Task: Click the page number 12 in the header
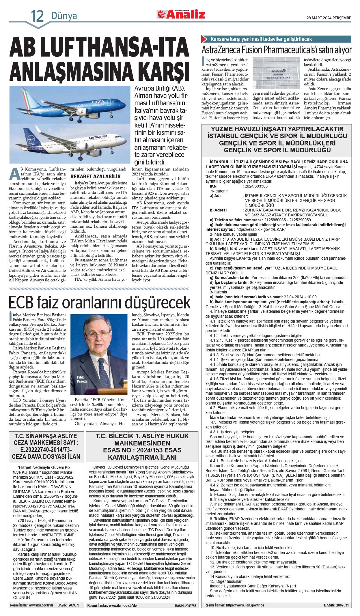coord(37,16)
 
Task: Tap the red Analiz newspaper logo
coord(181,14)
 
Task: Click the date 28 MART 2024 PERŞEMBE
coord(329,18)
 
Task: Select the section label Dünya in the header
coord(64,16)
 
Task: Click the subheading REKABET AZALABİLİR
coord(96,177)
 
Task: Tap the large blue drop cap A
coord(14,174)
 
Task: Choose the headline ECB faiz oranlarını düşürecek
coord(99,302)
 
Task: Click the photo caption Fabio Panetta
coord(82,379)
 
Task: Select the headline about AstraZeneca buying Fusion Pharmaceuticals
coord(276,50)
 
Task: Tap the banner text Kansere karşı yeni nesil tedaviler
coord(261,39)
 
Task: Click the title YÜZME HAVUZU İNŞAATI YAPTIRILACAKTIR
coord(277,129)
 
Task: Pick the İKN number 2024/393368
coord(256,186)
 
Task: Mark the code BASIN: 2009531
coord(336,605)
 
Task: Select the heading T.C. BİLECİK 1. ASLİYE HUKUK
coord(142,436)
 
